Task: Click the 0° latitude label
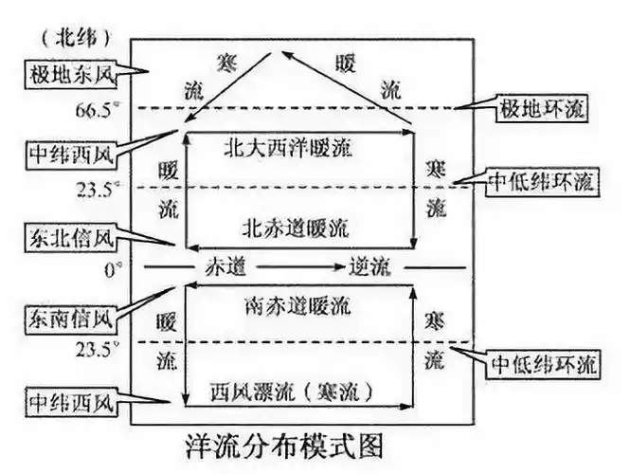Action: click(113, 269)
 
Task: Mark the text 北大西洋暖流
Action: click(296, 147)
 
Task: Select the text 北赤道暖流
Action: click(296, 228)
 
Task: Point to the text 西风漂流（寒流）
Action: click(296, 389)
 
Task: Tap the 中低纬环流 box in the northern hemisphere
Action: click(542, 182)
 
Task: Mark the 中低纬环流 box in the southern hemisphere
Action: click(542, 364)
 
